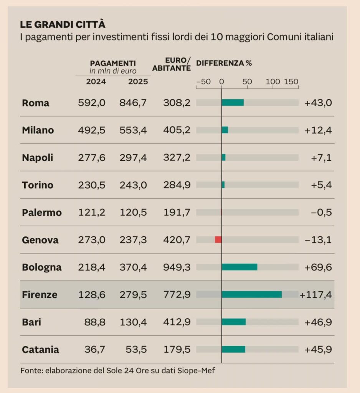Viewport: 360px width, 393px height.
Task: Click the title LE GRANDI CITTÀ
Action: [63, 25]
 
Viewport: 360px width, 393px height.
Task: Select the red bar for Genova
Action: [218, 240]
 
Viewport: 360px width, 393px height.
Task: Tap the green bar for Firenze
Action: [251, 294]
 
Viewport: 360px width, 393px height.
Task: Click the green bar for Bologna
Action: [239, 267]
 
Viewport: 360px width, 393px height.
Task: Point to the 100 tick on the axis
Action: [273, 81]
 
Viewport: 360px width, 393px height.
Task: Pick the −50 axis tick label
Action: [203, 81]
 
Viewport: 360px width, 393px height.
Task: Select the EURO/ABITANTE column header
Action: [171, 64]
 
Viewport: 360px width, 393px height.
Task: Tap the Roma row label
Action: [36, 103]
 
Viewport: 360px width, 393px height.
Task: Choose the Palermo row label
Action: [42, 213]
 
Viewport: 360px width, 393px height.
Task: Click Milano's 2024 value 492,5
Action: [92, 130]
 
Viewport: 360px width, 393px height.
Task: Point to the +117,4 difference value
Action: [316, 295]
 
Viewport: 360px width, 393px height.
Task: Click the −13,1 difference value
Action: [318, 240]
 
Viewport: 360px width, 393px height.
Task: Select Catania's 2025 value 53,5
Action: [136, 350]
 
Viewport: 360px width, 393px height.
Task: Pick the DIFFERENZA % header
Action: [224, 63]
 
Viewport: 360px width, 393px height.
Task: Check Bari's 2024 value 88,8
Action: [95, 322]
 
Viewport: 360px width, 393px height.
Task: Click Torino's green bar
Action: [223, 185]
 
